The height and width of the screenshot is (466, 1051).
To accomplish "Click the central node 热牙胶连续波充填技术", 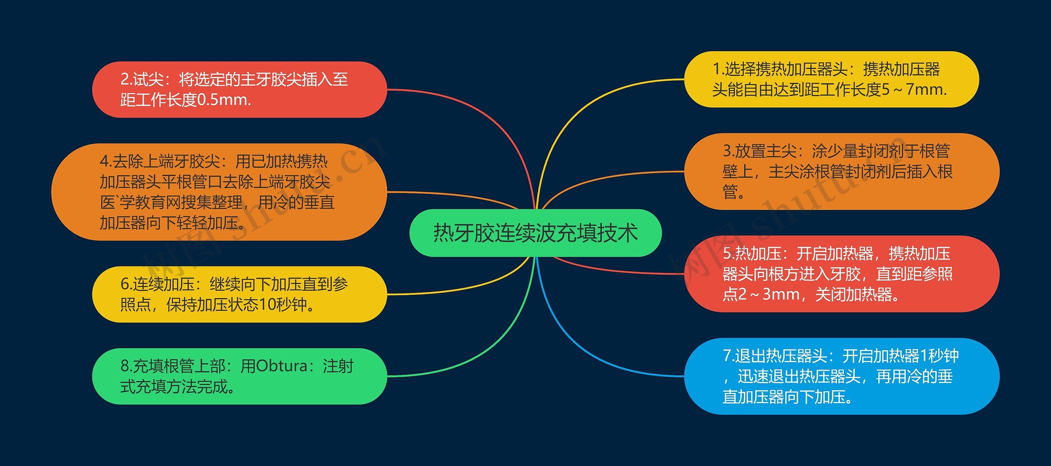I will [535, 233].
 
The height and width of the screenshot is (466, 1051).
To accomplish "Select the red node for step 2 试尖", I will [239, 90].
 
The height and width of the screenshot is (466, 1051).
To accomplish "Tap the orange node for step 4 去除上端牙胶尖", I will [219, 192].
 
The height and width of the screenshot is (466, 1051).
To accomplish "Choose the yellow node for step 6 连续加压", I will [239, 294].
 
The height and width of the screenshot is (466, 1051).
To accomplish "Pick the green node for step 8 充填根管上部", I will [239, 376].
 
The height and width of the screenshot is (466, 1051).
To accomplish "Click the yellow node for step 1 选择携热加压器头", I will [831, 79].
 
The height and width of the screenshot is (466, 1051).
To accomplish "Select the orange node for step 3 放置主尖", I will [842, 171].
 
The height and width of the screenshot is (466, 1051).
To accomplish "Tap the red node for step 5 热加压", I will [842, 274].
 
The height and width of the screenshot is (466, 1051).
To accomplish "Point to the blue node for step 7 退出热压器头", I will [842, 376].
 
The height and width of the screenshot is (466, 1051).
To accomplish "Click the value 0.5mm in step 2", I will [224, 100].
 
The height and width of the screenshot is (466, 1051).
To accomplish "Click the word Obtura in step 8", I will [282, 366].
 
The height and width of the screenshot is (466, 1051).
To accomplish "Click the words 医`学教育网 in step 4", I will [131, 202].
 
